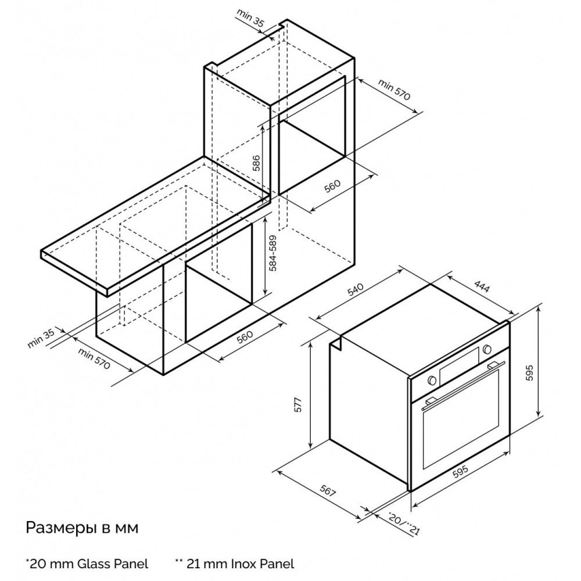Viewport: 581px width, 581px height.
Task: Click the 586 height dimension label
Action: [x=256, y=163]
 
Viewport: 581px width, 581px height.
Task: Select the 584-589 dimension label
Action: [x=272, y=253]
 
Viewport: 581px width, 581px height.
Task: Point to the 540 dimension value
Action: [x=356, y=289]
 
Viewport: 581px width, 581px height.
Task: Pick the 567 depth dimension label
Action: [x=328, y=490]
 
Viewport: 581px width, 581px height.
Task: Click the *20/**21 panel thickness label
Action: [x=404, y=523]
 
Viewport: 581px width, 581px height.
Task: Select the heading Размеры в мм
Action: [x=82, y=528]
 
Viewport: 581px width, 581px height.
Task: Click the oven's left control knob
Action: [x=431, y=380]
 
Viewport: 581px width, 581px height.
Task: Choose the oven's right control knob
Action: [x=487, y=349]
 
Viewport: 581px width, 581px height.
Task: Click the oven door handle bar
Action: [x=463, y=384]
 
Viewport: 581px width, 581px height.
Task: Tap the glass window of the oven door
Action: [x=461, y=419]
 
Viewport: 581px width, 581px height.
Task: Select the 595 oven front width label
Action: [x=460, y=472]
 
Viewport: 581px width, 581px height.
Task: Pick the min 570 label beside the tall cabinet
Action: [x=394, y=89]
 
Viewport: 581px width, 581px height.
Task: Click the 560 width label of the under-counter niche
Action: [x=244, y=336]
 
